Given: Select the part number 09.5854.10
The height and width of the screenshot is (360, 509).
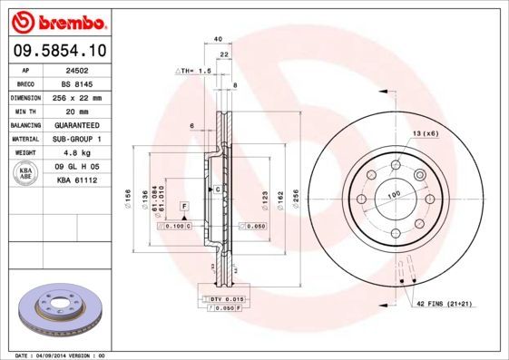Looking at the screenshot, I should pos(57,51).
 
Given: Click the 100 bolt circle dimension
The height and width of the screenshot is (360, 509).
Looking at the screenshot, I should pos(394,194).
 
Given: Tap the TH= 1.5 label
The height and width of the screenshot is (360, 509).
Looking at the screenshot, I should pos(192,69).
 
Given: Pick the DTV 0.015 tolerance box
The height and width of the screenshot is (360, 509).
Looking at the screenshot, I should pos(222,298).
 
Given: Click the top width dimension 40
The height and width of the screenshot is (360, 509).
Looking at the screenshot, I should pos(218,39).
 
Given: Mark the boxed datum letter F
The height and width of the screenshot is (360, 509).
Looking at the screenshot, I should pos(184,208).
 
